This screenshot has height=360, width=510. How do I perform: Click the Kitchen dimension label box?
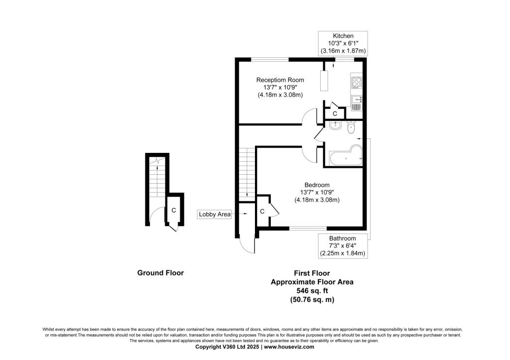(343, 44)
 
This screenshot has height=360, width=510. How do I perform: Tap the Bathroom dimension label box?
(343, 246)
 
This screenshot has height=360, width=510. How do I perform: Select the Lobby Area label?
(215, 214)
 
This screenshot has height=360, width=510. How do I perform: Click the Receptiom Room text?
(280, 80)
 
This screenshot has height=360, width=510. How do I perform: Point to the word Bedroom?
(317, 185)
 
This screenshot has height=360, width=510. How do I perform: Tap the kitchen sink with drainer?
(357, 103)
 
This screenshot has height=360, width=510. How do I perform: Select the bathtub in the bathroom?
(346, 155)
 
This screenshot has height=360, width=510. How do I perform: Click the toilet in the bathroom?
(351, 127)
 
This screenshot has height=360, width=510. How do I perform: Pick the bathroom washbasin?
(335, 125)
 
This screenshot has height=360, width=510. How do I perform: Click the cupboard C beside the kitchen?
(335, 114)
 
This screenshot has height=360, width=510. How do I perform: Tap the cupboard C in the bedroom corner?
(262, 212)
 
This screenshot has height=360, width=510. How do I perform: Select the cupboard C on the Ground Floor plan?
(174, 210)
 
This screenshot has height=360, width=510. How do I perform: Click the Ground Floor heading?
(160, 273)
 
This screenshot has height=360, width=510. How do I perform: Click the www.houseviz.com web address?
(289, 347)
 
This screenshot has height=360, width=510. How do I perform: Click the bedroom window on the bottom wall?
(308, 228)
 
